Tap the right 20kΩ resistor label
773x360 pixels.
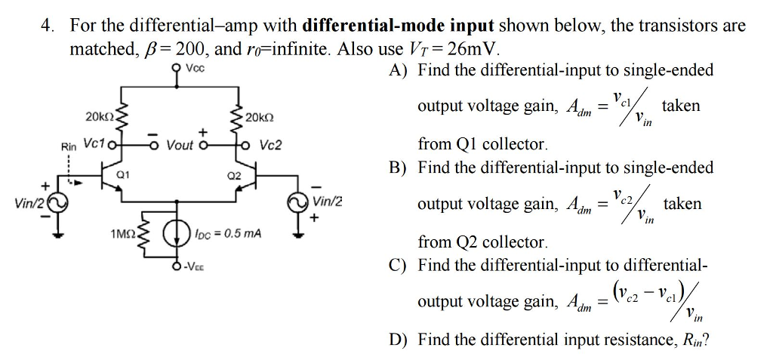coord(259,118)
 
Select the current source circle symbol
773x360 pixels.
coord(178,233)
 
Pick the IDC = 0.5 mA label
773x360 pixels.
coord(227,234)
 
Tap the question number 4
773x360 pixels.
coord(47,26)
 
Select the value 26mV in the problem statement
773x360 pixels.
coord(476,50)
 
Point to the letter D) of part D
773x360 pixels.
coord(398,340)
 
